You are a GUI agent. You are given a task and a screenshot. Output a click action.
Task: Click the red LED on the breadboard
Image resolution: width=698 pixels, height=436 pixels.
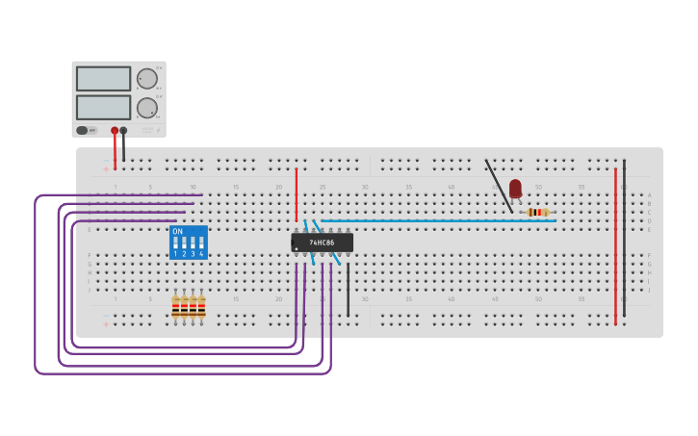pyautogui.click(x=515, y=188)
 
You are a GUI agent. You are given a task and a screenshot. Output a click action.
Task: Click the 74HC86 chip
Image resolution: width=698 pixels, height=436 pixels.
pyautogui.click(x=323, y=243)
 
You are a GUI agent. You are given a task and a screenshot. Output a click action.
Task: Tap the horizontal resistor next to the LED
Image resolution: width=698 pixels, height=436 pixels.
pyautogui.click(x=537, y=212)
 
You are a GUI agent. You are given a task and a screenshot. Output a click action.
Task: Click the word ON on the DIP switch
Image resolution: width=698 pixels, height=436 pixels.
pyautogui.click(x=177, y=231)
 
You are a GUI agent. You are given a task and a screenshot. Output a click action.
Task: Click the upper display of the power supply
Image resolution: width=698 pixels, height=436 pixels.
pyautogui.click(x=103, y=79)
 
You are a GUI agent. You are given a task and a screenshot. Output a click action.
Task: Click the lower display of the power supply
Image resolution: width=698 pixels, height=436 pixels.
pyautogui.click(x=103, y=107)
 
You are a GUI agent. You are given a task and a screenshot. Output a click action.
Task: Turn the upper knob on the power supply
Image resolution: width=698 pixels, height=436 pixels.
pyautogui.click(x=146, y=79)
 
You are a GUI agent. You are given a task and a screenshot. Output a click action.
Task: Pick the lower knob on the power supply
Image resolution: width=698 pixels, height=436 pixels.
pyautogui.click(x=146, y=108)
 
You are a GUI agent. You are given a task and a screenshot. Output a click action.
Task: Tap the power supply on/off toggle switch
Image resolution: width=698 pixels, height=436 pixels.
pyautogui.click(x=84, y=130)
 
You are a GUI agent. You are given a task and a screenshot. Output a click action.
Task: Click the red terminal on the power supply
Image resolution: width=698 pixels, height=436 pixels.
pyautogui.click(x=115, y=130)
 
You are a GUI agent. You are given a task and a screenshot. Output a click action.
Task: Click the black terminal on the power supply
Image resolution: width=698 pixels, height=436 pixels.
pyautogui.click(x=123, y=130)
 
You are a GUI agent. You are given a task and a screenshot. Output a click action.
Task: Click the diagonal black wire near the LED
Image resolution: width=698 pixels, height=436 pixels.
pyautogui.click(x=499, y=185)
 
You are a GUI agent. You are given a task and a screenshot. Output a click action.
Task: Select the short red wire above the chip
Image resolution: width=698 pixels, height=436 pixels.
pyautogui.click(x=297, y=194)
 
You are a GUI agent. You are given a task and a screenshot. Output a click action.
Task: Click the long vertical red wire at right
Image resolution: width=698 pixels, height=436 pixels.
pyautogui.click(x=615, y=245)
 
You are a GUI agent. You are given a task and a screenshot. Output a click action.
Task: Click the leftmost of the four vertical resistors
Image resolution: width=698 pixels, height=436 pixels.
pyautogui.click(x=175, y=306)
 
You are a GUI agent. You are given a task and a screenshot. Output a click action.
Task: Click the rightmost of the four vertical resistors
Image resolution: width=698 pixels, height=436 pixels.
pyautogui.click(x=201, y=306)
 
